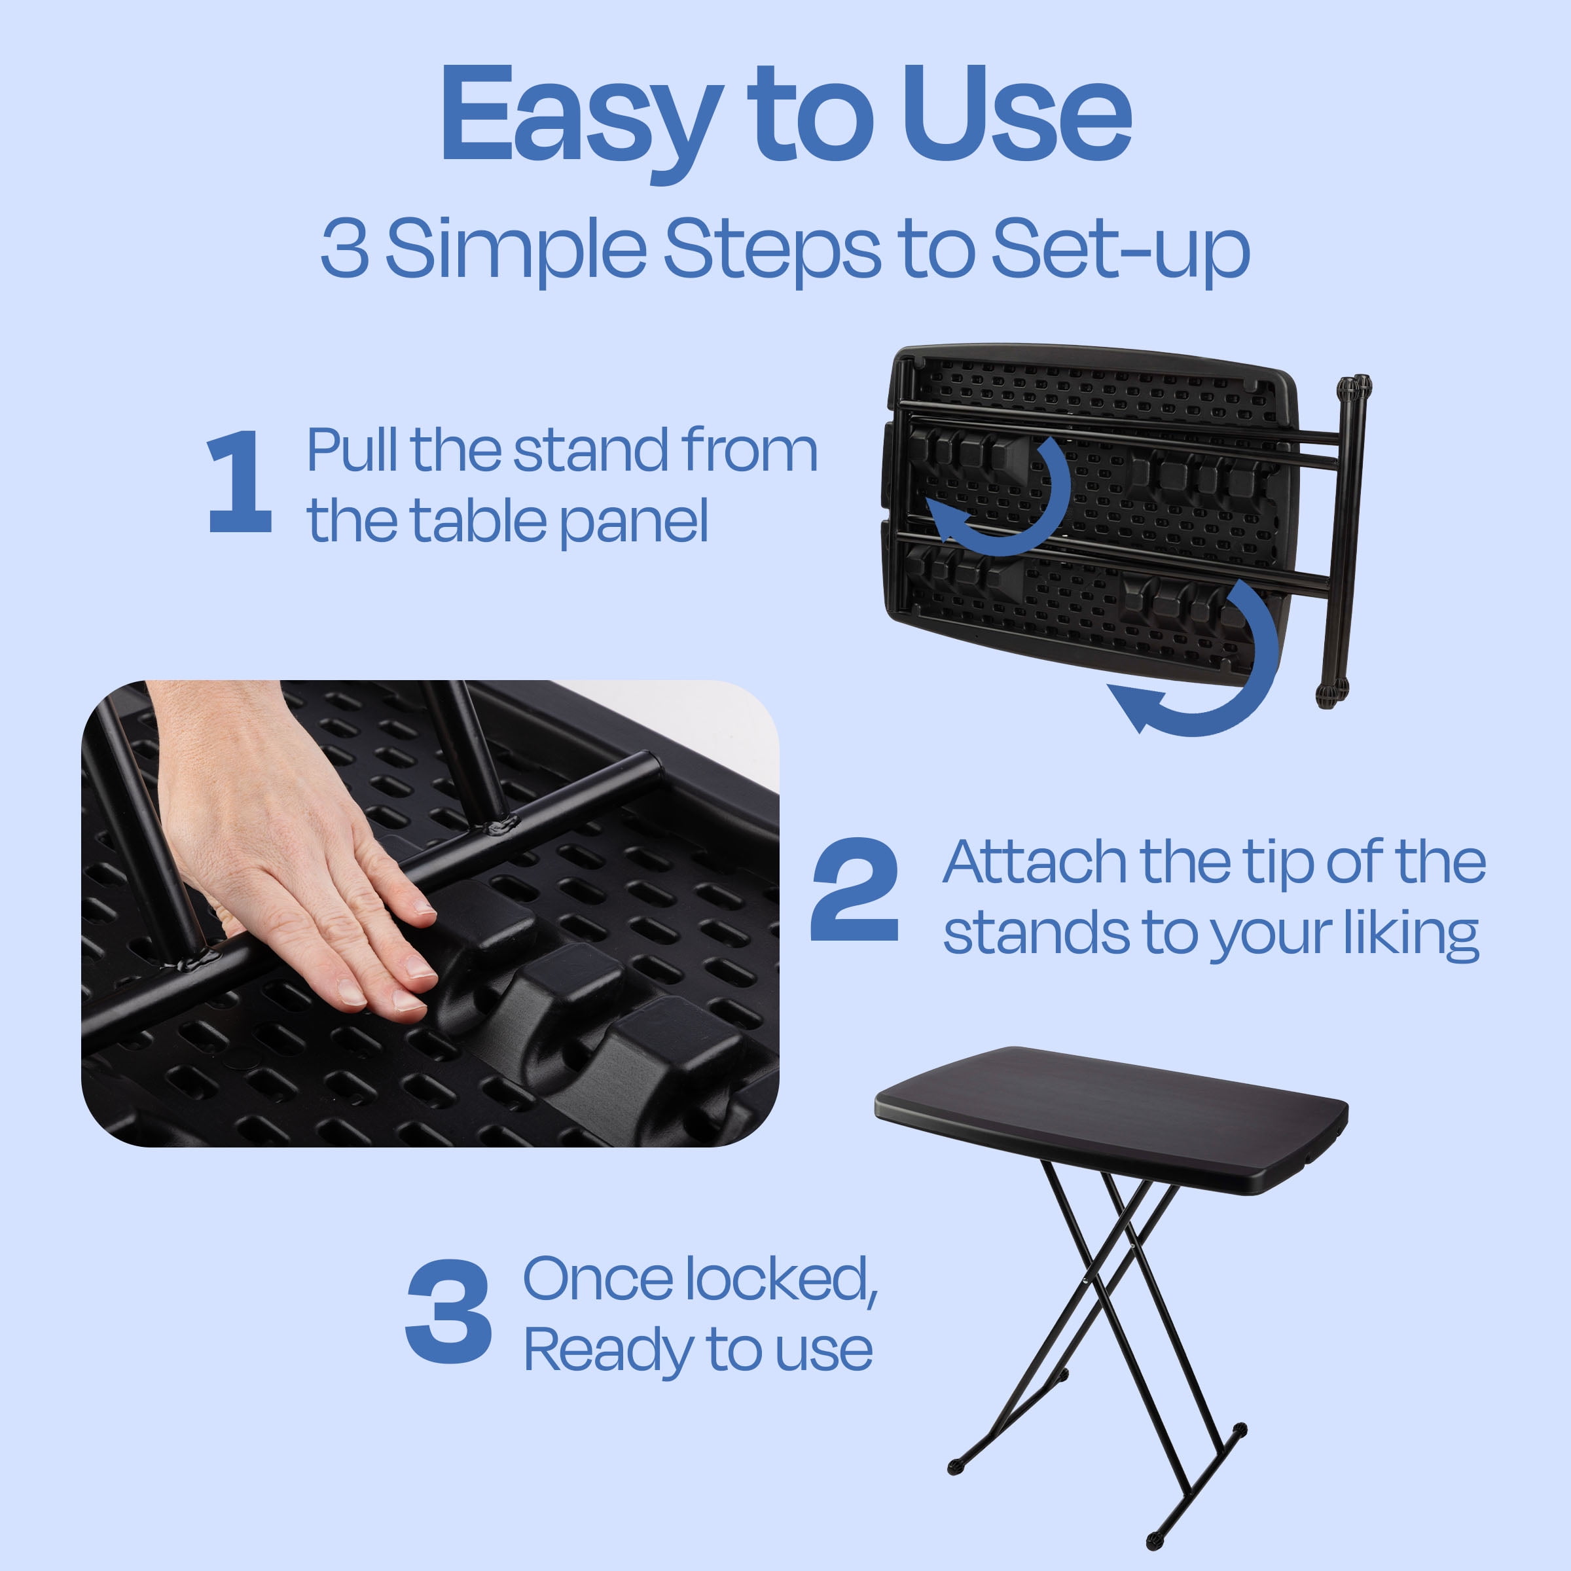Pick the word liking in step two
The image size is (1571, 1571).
(1410, 935)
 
